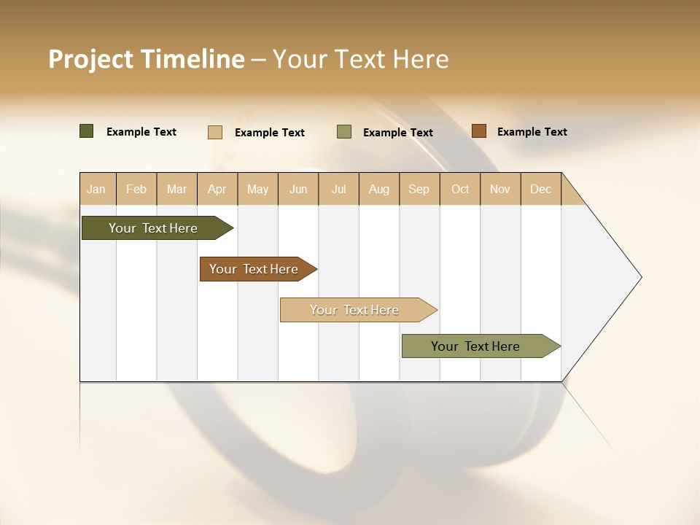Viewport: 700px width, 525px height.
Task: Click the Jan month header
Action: pyautogui.click(x=97, y=189)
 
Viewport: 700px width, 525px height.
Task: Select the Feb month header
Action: pyautogui.click(x=136, y=189)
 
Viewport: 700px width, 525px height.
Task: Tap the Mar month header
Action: pyautogui.click(x=176, y=189)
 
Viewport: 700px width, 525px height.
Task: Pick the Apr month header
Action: pyautogui.click(x=217, y=189)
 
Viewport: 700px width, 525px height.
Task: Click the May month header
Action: pyautogui.click(x=257, y=189)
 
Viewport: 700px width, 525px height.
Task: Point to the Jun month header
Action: pyautogui.click(x=298, y=189)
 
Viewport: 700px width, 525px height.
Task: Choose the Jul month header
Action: pyautogui.click(x=338, y=189)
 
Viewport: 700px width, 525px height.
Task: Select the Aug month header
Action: pyautogui.click(x=379, y=189)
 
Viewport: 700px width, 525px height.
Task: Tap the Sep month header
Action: pyautogui.click(x=419, y=189)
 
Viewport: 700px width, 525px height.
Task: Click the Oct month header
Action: pyautogui.click(x=460, y=189)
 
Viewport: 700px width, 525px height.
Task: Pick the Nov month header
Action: pyautogui.click(x=500, y=189)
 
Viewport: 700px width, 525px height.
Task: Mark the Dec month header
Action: pyautogui.click(x=541, y=189)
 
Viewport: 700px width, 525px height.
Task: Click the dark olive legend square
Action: pyautogui.click(x=87, y=131)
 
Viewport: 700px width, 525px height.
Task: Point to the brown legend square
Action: pyautogui.click(x=478, y=131)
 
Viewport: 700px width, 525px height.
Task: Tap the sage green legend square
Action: pyautogui.click(x=344, y=132)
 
